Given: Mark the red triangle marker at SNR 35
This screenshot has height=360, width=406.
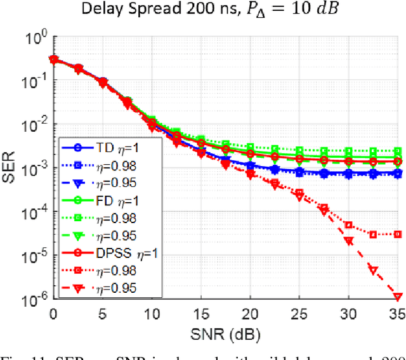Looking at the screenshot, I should pos(398,296).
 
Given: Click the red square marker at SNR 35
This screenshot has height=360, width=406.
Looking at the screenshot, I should pos(398,234).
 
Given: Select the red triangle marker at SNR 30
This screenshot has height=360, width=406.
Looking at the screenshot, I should pos(348,241).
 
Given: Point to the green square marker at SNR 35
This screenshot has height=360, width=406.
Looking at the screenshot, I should pos(398,151).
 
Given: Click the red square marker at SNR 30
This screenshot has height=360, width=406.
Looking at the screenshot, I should pos(348,225).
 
